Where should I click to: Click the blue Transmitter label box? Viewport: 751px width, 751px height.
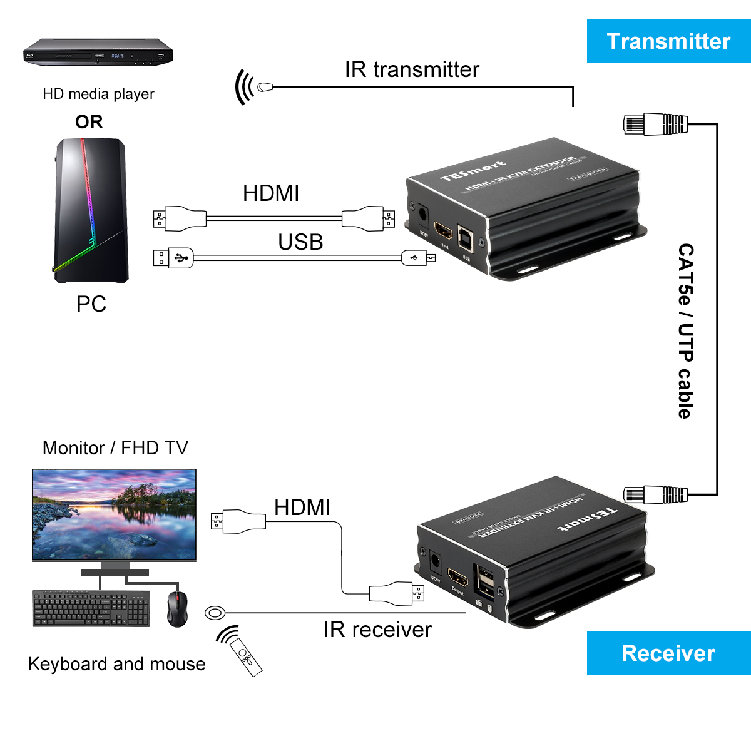(x=668, y=41)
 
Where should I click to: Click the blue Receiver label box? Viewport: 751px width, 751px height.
(x=668, y=653)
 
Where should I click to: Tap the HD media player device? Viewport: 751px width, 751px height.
(x=98, y=53)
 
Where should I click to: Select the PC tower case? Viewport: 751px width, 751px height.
(x=91, y=210)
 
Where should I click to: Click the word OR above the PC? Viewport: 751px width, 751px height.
(x=89, y=121)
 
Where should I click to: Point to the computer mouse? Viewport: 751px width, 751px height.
(x=177, y=608)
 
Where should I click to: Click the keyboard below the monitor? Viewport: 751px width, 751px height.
(x=91, y=608)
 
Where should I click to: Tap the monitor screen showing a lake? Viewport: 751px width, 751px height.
(x=114, y=514)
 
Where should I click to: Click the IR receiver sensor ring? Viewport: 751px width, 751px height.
(x=215, y=612)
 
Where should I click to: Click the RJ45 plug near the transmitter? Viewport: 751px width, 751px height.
(x=655, y=124)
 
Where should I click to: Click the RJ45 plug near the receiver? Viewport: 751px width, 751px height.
(x=655, y=494)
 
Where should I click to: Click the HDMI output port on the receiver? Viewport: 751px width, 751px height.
(x=458, y=578)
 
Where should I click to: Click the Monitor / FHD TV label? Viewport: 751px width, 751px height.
(x=115, y=448)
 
